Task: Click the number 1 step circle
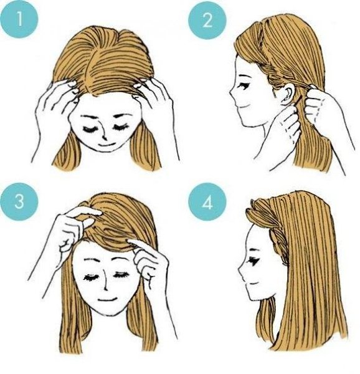[x=19, y=19]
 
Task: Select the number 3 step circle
[x=19, y=201]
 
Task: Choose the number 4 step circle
[x=207, y=203]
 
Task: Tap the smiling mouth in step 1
[x=107, y=145]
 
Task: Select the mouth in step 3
[x=107, y=299]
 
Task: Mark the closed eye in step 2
[x=244, y=86]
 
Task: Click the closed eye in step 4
[x=253, y=261]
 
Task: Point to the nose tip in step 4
[x=239, y=270]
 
